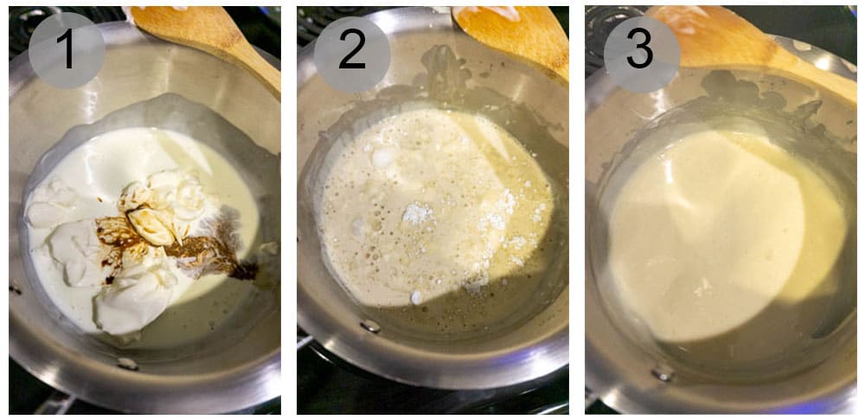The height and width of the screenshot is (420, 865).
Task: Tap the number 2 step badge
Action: pos(352,50)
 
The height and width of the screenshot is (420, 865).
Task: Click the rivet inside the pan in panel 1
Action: pos(127,364)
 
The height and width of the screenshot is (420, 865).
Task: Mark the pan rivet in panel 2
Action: pos(371,326)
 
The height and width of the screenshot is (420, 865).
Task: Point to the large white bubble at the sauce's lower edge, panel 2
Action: pos(417,297)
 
